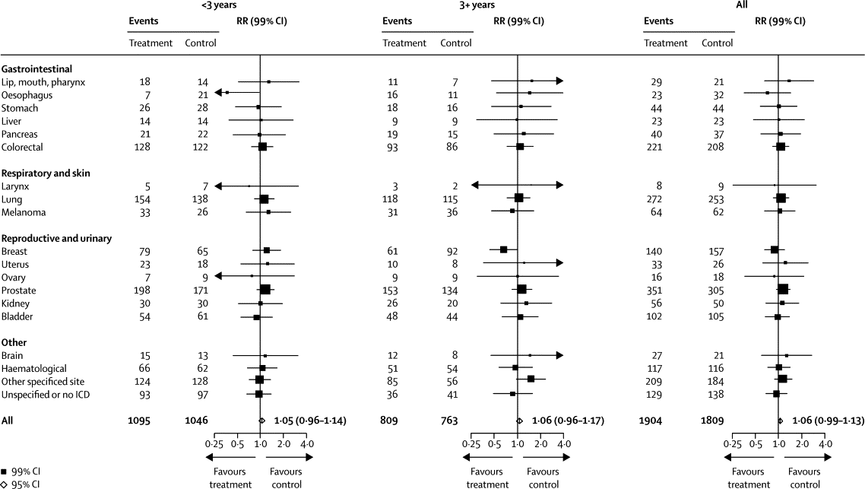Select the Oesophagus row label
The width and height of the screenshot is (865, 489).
tap(27, 94)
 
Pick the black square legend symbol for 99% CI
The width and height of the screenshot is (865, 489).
tap(5, 472)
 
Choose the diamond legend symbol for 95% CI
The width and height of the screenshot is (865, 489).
tap(5, 484)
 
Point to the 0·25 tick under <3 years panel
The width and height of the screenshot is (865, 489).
tap(215, 443)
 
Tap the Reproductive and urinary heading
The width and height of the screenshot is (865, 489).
tap(57, 238)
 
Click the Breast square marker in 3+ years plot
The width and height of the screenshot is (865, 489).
tap(503, 249)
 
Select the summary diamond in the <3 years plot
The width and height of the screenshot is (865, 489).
tap(261, 420)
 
